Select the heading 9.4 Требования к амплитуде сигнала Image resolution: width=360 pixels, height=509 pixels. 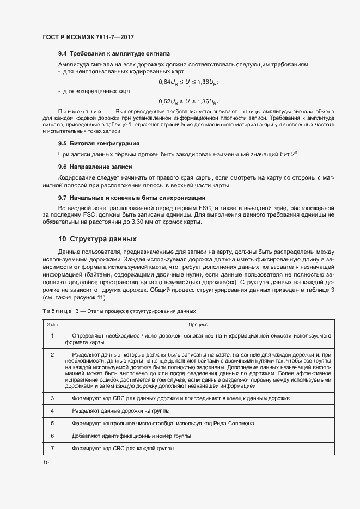[x=114, y=54]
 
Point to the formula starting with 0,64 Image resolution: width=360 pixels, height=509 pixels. [x=188, y=82]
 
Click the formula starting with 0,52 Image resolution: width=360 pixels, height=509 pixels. [x=188, y=101]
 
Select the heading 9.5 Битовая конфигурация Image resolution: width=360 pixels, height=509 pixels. [x=99, y=144]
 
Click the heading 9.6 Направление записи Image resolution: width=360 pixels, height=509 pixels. [x=95, y=167]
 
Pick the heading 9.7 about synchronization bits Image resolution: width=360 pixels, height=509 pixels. [x=132, y=197]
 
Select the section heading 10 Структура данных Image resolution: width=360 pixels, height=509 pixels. [x=97, y=239]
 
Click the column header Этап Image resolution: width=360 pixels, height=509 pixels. [x=52, y=324]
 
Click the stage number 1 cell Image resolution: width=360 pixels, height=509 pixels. [x=52, y=335]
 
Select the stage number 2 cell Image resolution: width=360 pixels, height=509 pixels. [x=52, y=355]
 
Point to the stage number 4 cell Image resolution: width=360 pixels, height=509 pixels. [x=52, y=410]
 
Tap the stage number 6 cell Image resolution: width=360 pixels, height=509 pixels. [x=52, y=436]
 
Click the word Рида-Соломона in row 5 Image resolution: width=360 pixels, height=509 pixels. [x=233, y=423]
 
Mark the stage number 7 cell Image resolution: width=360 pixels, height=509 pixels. [x=52, y=448]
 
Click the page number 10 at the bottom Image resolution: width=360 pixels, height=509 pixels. [x=45, y=463]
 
